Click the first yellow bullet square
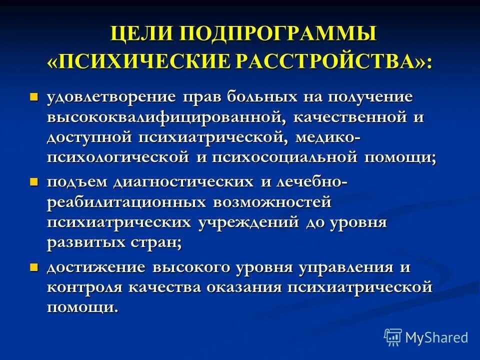click(34, 95)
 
